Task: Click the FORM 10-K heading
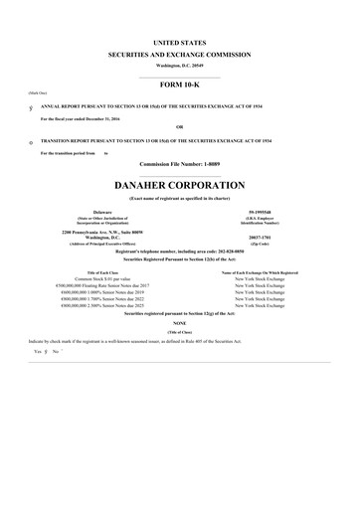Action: [x=179, y=85]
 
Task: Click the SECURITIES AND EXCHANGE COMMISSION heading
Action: [x=179, y=55]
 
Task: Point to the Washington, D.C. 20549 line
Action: [x=179, y=65]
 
